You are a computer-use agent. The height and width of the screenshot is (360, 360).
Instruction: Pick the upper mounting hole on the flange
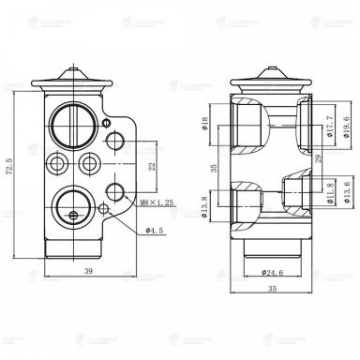point(116,141)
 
